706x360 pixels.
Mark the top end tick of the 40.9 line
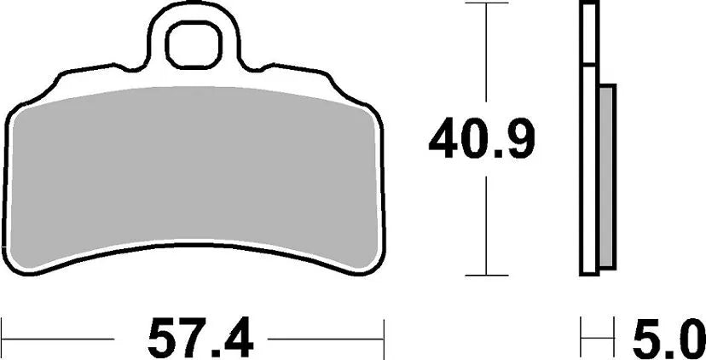(485, 5)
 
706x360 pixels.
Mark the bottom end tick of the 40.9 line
(485, 275)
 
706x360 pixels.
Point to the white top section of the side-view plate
(588, 34)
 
